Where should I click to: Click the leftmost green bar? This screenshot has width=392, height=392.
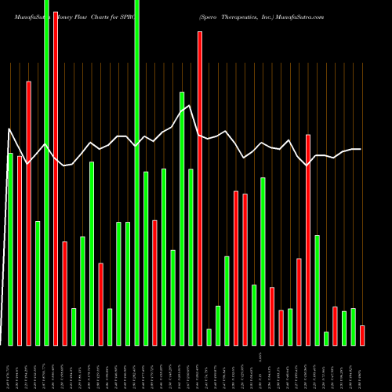[x=10, y=249]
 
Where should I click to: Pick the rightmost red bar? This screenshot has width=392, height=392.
[x=362, y=336]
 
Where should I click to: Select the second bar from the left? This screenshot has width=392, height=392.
[x=20, y=250]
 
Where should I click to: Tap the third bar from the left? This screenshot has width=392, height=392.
[x=29, y=212]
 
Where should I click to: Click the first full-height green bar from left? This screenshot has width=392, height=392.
[x=46, y=172]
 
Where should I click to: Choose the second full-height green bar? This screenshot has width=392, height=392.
[x=137, y=172]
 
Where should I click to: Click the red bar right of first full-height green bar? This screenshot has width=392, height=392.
[x=56, y=178]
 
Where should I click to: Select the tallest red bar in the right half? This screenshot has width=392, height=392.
[x=308, y=240]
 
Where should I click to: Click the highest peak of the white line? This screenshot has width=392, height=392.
[x=190, y=106]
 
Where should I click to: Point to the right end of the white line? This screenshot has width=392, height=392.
[x=361, y=149]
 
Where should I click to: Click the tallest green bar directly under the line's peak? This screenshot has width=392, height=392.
[x=182, y=218]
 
